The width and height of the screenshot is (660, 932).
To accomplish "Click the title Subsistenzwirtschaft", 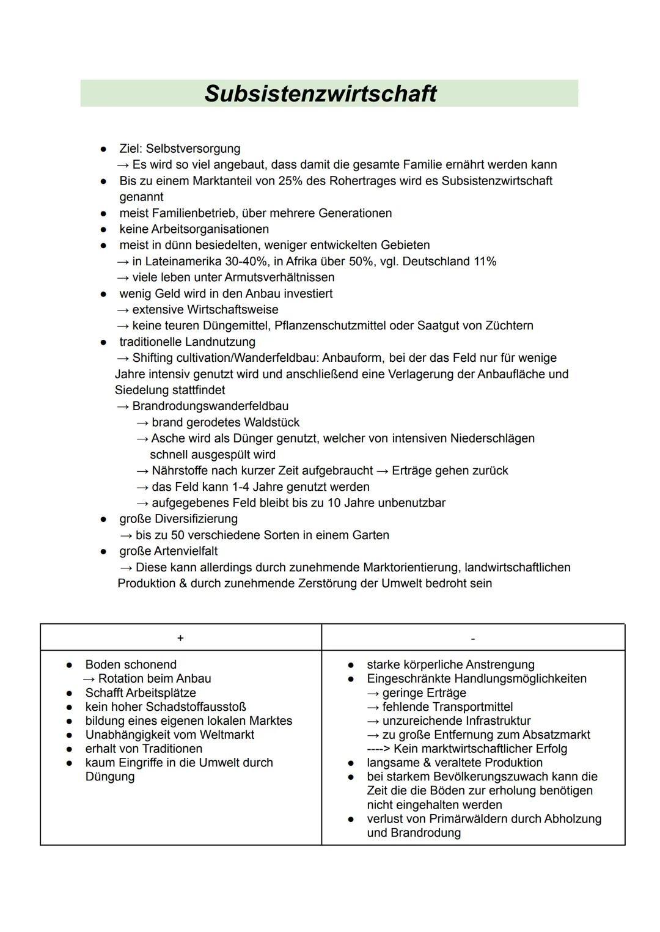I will pos(320,94).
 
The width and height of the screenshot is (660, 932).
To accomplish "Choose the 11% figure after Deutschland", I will pos(483,262).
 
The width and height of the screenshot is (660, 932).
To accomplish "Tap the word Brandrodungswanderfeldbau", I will pos(210,406).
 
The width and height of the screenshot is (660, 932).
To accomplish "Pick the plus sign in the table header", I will pos(180,638).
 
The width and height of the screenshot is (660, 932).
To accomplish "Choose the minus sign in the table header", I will pos(473,639).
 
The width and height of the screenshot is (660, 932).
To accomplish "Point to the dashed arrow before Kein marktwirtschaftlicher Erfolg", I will pos(378,749).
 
